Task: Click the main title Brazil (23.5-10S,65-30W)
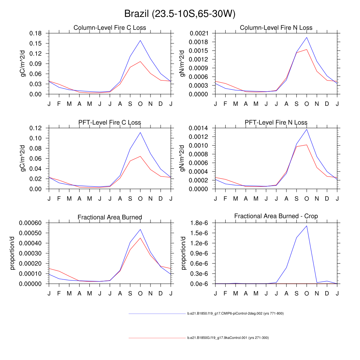[x=180, y=14]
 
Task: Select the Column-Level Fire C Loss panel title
[x=110, y=28]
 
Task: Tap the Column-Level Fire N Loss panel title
[x=276, y=28]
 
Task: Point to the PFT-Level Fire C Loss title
[x=110, y=123]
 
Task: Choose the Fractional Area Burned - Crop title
[x=276, y=216]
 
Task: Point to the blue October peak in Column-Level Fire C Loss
[x=140, y=40]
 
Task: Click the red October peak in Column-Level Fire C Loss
[x=140, y=62]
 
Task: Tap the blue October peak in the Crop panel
[x=307, y=226]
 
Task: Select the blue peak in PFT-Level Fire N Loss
[x=307, y=129]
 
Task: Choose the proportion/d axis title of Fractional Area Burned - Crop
[x=184, y=253]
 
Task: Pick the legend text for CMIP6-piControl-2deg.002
[x=235, y=313]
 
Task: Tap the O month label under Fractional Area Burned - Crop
[x=307, y=293]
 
